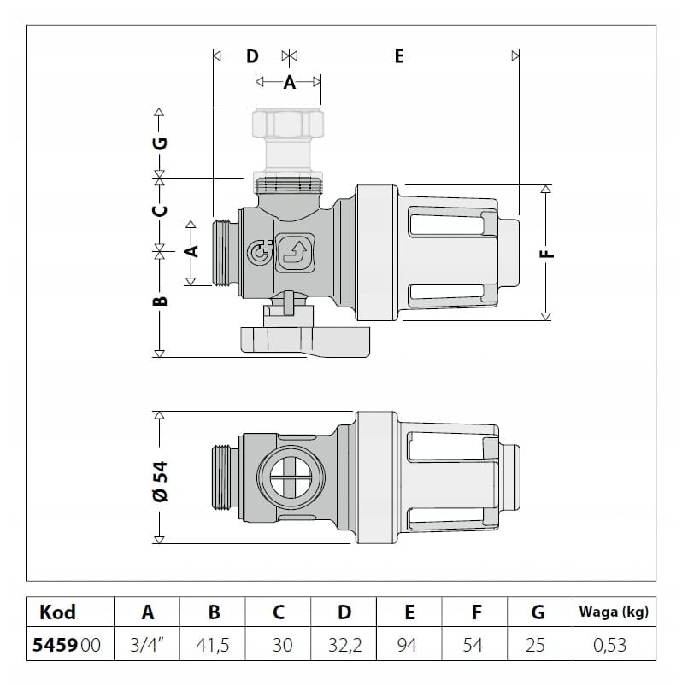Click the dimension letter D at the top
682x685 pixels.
pos(251,56)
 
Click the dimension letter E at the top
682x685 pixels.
pos(398,56)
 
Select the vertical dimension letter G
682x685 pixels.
pos(160,143)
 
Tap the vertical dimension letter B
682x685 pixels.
pos(160,301)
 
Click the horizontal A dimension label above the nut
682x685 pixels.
pos(289,83)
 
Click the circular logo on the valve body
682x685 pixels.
pos(257,253)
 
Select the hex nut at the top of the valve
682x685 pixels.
pos(289,125)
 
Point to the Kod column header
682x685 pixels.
pos(58,612)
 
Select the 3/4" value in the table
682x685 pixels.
pos(147,646)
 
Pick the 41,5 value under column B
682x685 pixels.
pos(214,646)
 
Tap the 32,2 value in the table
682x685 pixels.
pos(344,646)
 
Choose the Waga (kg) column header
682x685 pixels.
pos(613,612)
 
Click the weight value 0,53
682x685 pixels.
pos(613,646)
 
